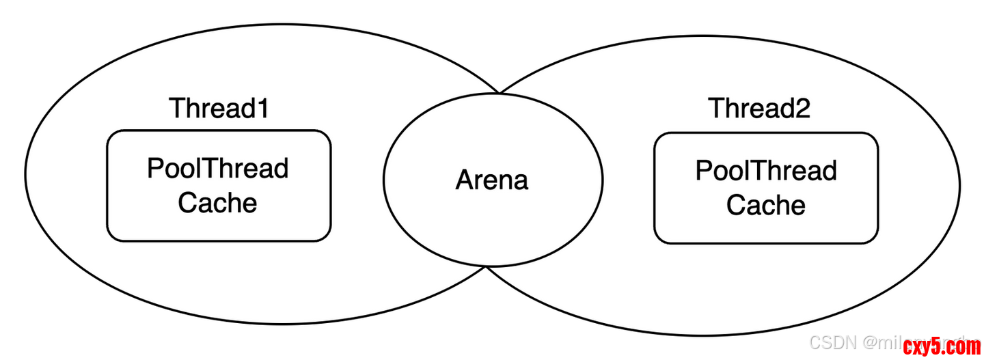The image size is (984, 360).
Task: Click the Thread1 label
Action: [219, 109]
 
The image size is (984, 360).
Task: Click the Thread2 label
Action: [758, 109]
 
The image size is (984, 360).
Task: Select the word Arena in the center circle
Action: [492, 180]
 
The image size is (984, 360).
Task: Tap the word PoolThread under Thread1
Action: [218, 169]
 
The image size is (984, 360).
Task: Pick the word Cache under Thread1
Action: [217, 203]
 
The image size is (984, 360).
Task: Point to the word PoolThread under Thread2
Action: [766, 171]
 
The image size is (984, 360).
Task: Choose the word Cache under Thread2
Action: [765, 205]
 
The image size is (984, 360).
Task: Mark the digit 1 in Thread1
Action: [262, 109]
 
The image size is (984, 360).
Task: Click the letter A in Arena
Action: [465, 180]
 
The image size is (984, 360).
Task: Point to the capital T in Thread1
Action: [177, 109]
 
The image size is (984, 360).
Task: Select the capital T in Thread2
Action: [716, 109]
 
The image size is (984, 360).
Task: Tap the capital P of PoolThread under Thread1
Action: [155, 169]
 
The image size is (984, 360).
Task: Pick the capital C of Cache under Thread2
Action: [735, 205]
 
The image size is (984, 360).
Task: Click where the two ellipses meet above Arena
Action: [498, 92]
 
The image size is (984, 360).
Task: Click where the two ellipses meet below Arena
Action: [487, 268]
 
